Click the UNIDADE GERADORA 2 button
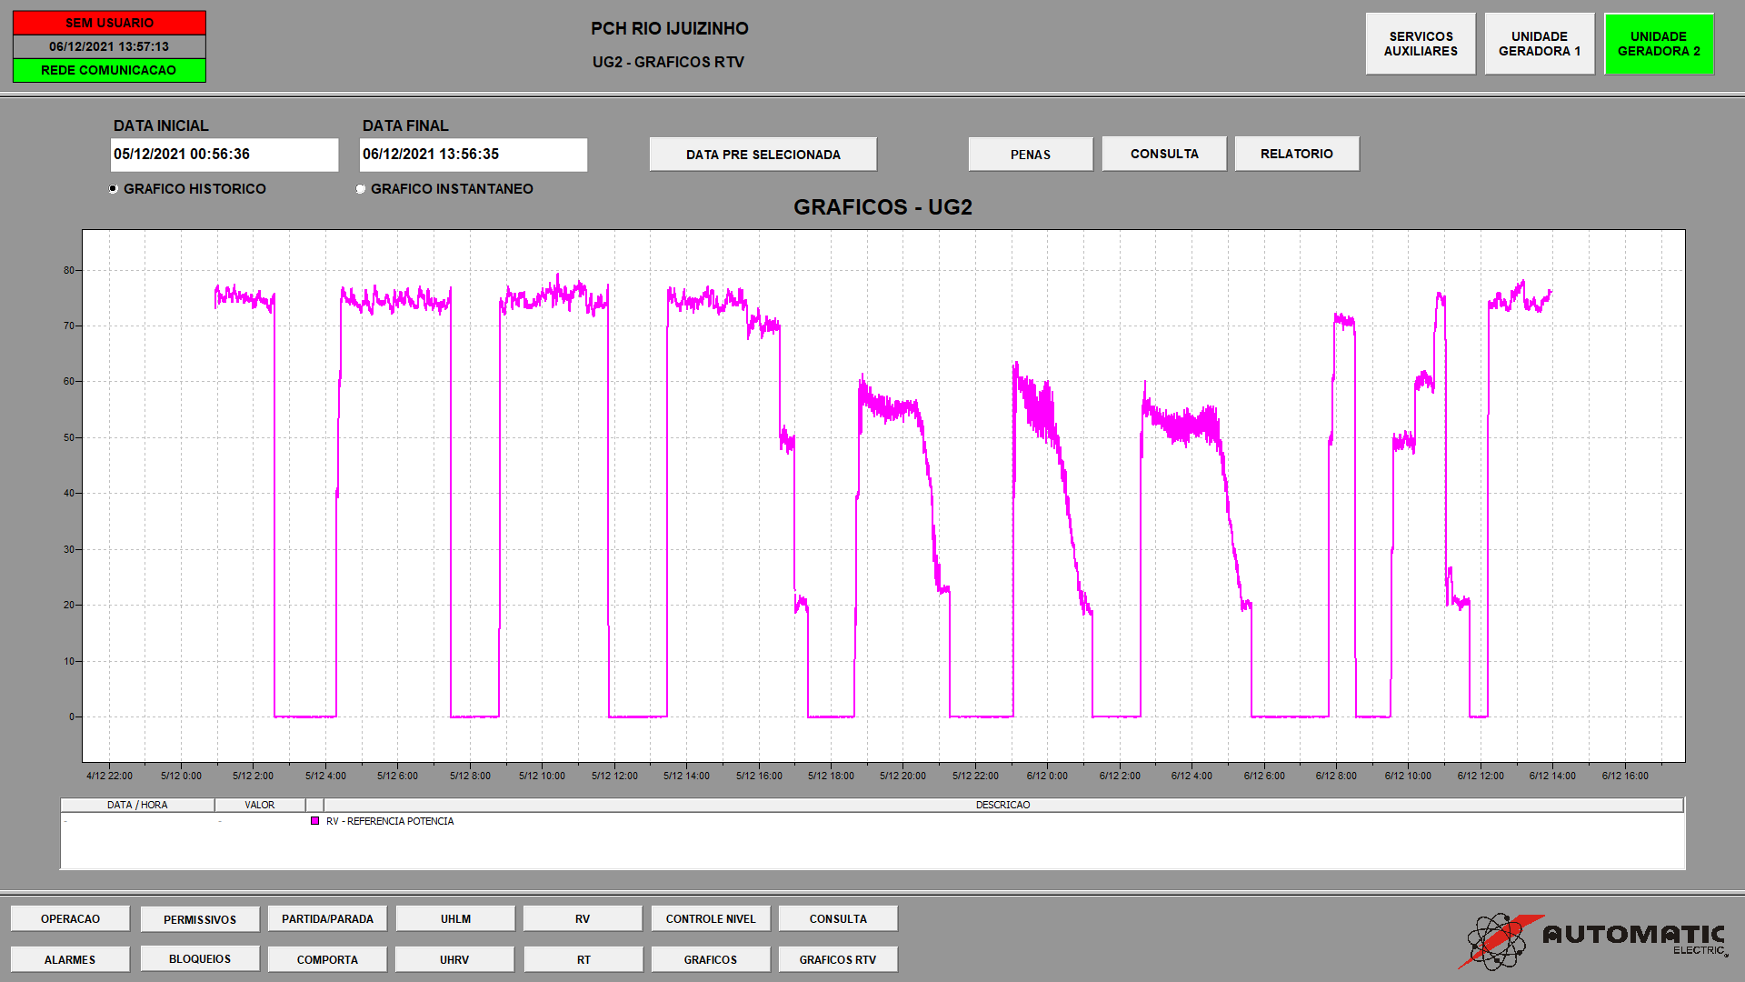1659,44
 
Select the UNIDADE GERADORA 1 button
1540,44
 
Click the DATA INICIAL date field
224,155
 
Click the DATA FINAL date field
474,155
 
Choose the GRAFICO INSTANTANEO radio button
361,189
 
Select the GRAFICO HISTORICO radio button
114,189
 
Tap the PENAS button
1031,155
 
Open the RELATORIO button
1297,154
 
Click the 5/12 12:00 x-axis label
614,776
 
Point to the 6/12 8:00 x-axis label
1336,776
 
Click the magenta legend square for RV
315,821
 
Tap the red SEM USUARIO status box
109,23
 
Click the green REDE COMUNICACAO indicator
109,70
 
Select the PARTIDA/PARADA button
327,919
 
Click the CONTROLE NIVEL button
711,919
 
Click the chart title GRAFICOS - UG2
882,207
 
